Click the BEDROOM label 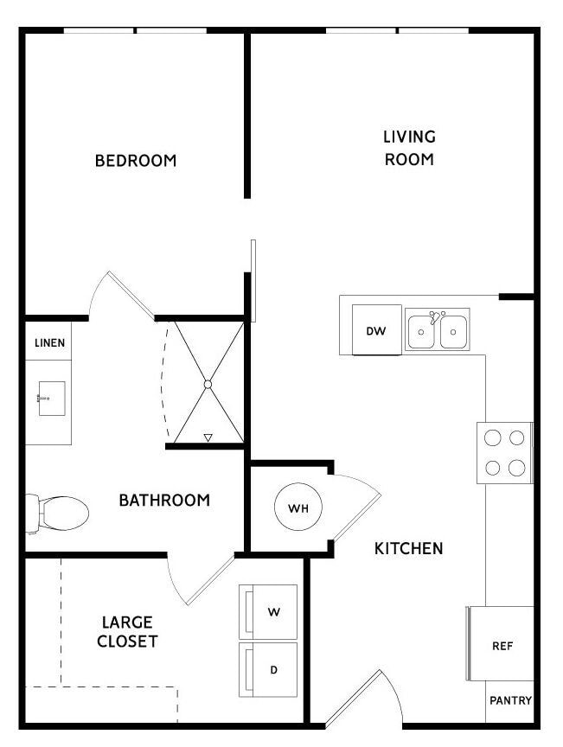[x=136, y=161]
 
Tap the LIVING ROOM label [x=410, y=148]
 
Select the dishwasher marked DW [x=376, y=330]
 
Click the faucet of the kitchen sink [x=435, y=316]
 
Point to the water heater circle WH [x=298, y=507]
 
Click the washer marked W [x=268, y=612]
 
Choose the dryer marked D [x=268, y=670]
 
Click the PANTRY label [x=510, y=700]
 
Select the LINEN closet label [x=49, y=342]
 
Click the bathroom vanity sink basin [x=52, y=399]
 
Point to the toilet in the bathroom [x=57, y=514]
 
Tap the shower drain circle [x=208, y=384]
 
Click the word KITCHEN [x=408, y=548]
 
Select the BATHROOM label [x=164, y=501]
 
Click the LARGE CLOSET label [x=127, y=632]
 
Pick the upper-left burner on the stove [x=492, y=437]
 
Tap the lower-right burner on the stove [x=517, y=468]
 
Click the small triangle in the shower [x=208, y=437]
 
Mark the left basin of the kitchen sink [x=421, y=332]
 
